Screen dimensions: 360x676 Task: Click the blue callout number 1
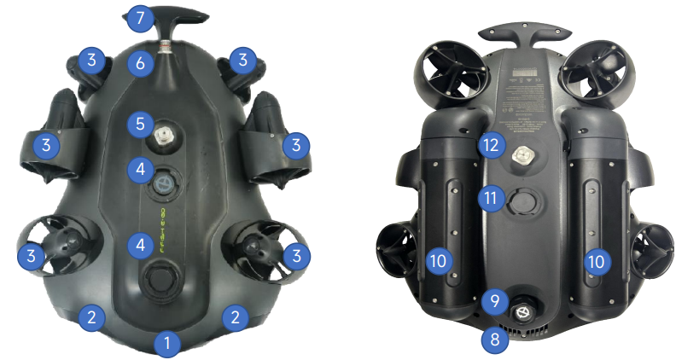point(168,345)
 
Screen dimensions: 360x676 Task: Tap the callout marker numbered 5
point(141,124)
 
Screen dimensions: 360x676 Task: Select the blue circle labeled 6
point(141,62)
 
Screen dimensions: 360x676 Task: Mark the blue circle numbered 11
point(489,199)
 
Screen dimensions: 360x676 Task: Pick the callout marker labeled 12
point(489,144)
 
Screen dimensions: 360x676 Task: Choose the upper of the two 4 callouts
point(141,169)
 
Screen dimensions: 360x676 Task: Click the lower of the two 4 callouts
point(141,246)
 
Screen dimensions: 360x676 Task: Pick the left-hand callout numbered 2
point(92,317)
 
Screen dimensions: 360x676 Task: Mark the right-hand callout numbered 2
point(234,317)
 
